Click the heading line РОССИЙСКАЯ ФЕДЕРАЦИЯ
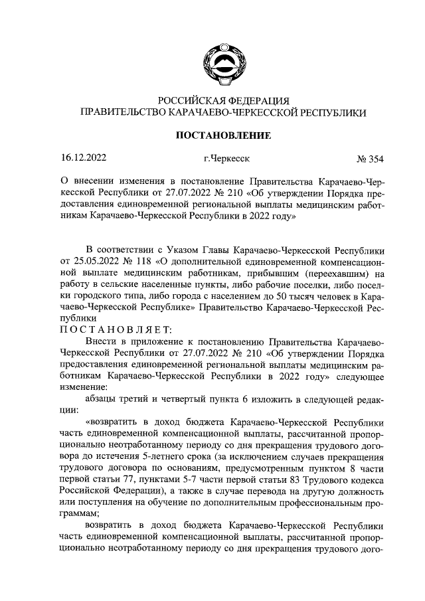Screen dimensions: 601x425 click(x=222, y=100)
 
